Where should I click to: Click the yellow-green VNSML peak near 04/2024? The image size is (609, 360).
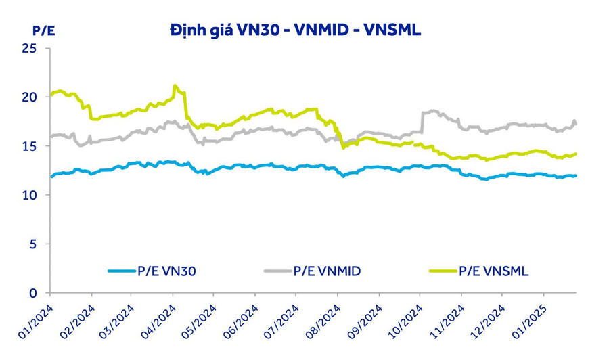[x=175, y=86]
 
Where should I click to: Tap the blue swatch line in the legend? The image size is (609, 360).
[x=124, y=271]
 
